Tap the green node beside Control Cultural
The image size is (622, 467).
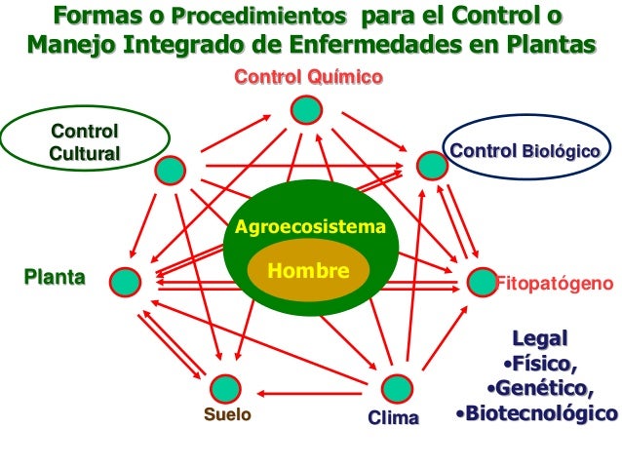172,170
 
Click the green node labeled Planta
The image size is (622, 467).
125,282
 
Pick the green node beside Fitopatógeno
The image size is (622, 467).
481,282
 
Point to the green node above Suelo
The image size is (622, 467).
225,388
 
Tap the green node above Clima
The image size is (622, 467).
395,388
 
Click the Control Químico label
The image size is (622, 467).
307,78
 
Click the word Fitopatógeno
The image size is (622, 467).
555,284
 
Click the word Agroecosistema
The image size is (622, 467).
311,228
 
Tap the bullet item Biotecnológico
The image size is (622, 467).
537,413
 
